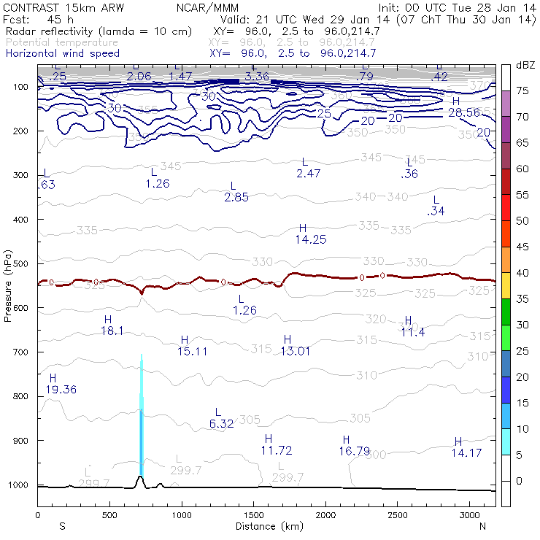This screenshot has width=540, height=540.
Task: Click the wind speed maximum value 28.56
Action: (x=463, y=113)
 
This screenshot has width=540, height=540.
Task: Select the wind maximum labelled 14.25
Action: (x=310, y=239)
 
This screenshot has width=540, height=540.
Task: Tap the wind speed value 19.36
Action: (x=61, y=390)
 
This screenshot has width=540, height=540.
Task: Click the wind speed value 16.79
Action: (x=354, y=451)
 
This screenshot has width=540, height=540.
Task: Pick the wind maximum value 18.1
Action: (x=112, y=331)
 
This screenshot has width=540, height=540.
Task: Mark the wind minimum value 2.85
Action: (x=236, y=198)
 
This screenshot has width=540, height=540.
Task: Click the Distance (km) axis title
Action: (x=266, y=526)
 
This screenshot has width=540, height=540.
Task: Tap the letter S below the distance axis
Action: (x=62, y=526)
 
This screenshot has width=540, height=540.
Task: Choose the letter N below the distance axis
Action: (x=482, y=526)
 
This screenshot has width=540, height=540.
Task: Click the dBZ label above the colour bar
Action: (x=525, y=66)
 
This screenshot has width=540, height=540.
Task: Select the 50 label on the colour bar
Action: (x=522, y=220)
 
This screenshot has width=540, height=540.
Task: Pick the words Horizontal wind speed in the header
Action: (x=63, y=53)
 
